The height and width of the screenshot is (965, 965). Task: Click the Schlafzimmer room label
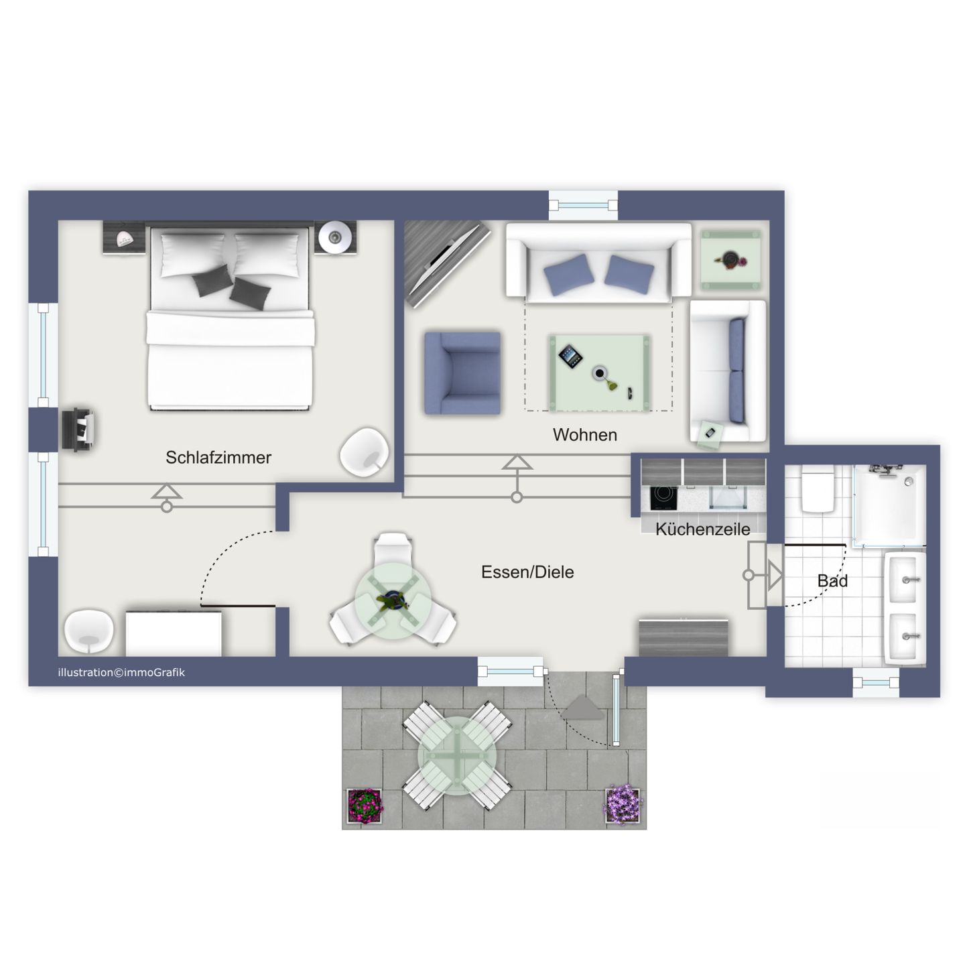click(218, 458)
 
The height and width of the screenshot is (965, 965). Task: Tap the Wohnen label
click(584, 435)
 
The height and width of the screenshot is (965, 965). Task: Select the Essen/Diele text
click(527, 572)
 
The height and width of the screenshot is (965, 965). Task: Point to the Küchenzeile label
click(702, 529)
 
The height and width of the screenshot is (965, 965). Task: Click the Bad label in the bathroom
click(832, 581)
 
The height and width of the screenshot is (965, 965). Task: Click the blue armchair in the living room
click(462, 373)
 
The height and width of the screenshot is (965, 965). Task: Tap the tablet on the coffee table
click(570, 356)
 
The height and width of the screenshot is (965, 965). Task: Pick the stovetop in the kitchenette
click(663, 497)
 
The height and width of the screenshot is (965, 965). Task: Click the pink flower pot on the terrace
click(365, 805)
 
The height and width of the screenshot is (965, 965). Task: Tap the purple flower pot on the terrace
click(623, 803)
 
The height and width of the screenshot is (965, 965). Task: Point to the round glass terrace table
click(457, 757)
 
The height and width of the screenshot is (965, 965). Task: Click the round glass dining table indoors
click(393, 600)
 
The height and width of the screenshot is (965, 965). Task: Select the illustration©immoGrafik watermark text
click(121, 673)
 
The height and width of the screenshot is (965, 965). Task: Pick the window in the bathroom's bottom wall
click(876, 684)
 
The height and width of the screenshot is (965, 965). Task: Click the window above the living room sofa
click(583, 205)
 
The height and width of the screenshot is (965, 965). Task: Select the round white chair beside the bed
click(365, 452)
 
